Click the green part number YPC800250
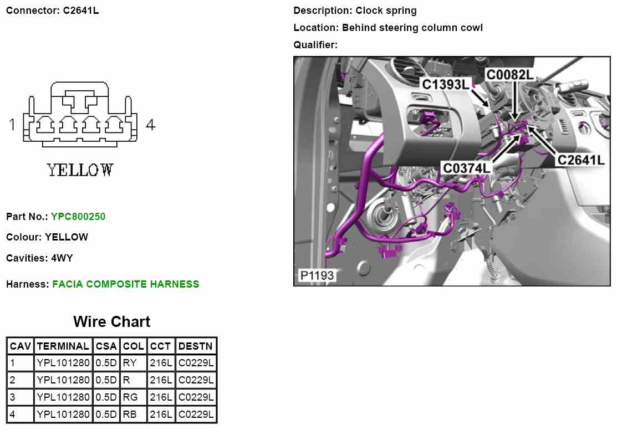(x=78, y=216)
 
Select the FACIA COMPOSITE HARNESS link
(x=126, y=284)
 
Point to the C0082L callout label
(x=510, y=75)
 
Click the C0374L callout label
(x=466, y=167)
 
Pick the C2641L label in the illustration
(x=580, y=160)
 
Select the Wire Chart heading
(x=111, y=322)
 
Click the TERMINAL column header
(x=63, y=346)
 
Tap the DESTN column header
(x=196, y=346)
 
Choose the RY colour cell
(x=130, y=364)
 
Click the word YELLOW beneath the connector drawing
(x=80, y=170)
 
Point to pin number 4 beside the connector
(x=150, y=125)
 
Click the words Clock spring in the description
(x=386, y=11)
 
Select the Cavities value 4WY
(x=62, y=258)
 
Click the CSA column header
(x=106, y=346)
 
